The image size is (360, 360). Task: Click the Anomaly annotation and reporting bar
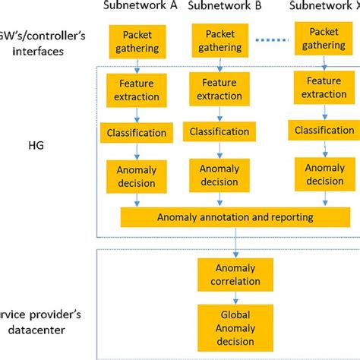(x=235, y=217)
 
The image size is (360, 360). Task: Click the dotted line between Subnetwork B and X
(x=273, y=41)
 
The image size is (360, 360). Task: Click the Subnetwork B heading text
(x=225, y=7)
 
